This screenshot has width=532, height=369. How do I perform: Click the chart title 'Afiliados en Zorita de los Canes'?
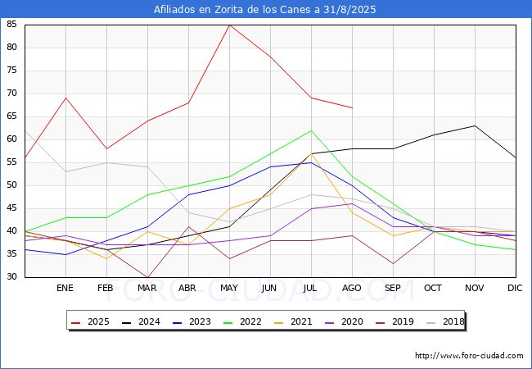232,10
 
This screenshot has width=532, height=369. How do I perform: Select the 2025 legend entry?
91,321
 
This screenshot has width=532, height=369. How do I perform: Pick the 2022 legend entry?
243,321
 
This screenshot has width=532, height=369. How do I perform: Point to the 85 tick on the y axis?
11,24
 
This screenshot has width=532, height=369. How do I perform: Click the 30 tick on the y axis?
11,276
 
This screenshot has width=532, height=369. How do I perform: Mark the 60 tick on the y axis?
11,139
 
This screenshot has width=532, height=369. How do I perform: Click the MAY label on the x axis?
229,288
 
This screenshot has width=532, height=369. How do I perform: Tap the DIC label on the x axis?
515,288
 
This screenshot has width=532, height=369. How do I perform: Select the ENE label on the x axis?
65,288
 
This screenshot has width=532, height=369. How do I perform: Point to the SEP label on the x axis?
393,288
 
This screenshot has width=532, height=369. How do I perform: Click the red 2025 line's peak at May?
230,25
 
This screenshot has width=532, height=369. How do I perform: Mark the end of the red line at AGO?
353,107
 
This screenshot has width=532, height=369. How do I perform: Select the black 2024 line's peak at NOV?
475,125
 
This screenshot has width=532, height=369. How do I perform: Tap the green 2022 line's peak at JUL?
312,130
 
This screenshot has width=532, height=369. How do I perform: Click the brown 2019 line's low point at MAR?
147,277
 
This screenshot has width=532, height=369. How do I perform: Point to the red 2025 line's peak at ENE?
65,98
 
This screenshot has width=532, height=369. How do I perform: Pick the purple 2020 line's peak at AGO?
353,204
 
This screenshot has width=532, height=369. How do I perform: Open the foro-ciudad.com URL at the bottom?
469,356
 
